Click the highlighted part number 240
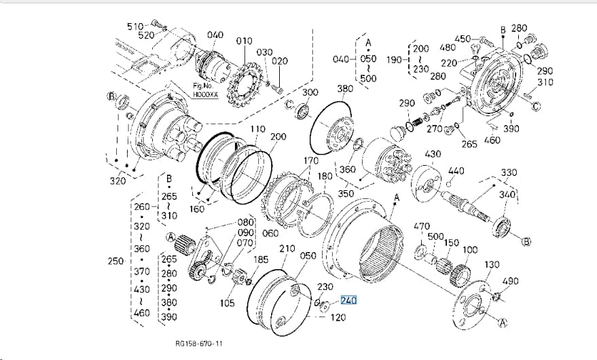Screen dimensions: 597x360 [348, 301]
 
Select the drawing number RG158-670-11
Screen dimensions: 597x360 [199, 343]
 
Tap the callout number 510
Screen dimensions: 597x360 [134, 26]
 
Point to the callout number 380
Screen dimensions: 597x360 [345, 89]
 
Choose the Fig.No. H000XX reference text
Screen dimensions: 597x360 [206, 90]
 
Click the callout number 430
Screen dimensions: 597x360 [433, 154]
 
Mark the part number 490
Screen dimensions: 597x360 [510, 281]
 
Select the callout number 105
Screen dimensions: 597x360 [227, 303]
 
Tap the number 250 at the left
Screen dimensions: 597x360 [115, 262]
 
